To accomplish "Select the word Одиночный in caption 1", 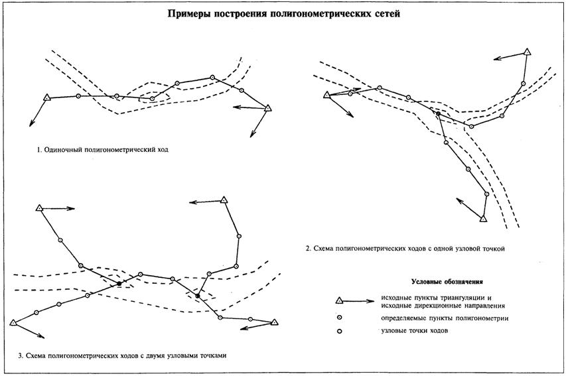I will (62, 150).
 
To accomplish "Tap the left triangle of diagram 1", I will (46, 98).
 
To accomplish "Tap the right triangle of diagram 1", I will (268, 107).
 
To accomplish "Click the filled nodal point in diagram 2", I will (438, 114).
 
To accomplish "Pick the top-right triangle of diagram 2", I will (528, 52).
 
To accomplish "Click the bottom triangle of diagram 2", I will (484, 218).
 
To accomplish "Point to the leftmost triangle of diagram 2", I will (326, 95).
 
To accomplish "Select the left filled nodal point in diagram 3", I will (119, 284).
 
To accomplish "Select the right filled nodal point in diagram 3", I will (197, 295).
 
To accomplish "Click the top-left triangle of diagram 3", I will (38, 208).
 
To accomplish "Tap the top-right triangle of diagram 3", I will (224, 199).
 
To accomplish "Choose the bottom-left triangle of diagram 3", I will (13, 323).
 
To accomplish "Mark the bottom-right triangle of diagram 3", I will (273, 322).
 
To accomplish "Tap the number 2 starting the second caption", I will (307, 249).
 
